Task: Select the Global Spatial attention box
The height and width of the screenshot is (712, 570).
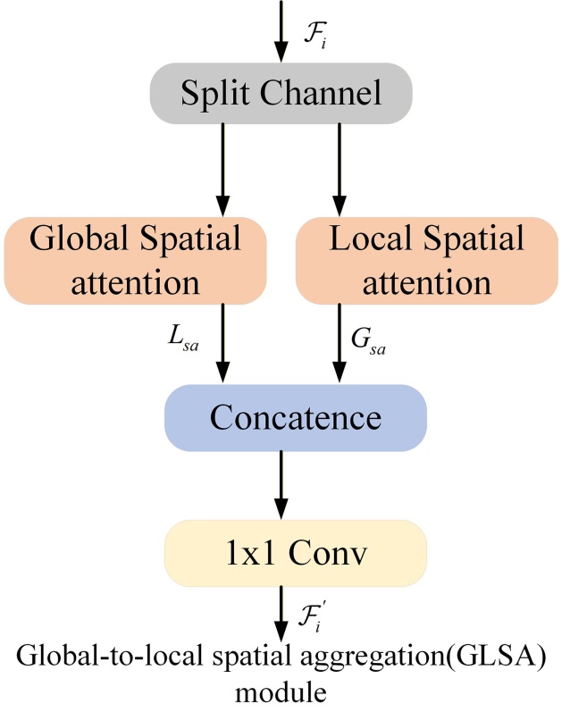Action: (x=136, y=261)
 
